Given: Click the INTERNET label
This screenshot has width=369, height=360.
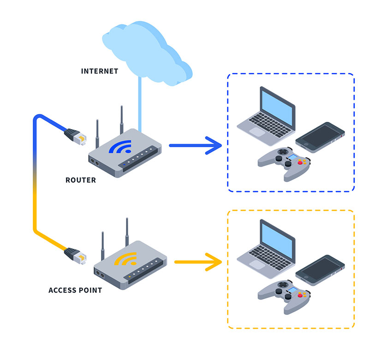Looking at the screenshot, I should coord(99,71).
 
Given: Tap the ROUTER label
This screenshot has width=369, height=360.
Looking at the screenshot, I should coord(81,180).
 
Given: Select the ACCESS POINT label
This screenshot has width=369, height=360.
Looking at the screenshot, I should coord(75,290).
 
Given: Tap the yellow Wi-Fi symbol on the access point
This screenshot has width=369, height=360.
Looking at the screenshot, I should coord(125,260).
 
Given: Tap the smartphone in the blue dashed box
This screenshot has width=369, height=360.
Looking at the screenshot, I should coord(320,137).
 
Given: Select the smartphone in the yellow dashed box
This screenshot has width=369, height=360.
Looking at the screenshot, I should coord(320,270).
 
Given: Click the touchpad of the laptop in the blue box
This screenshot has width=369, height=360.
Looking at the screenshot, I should coord(257,131).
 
